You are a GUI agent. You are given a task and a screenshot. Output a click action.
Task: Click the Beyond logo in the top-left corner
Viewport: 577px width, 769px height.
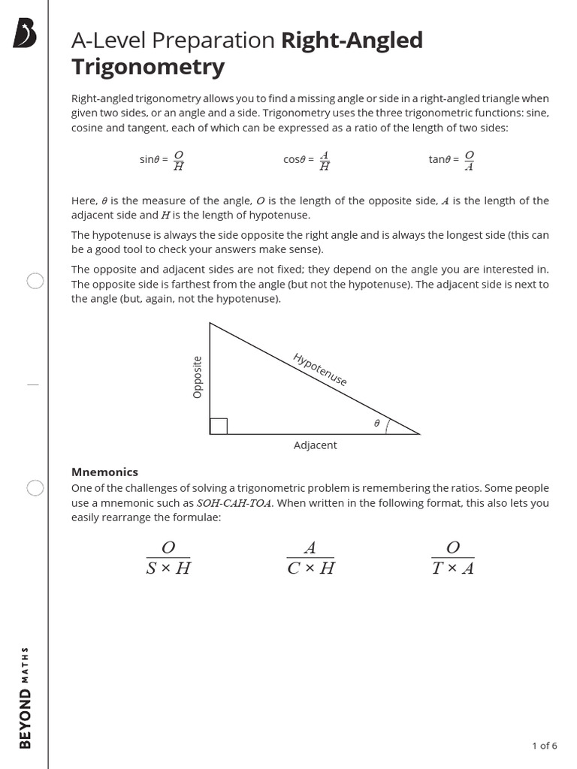pyautogui.click(x=26, y=35)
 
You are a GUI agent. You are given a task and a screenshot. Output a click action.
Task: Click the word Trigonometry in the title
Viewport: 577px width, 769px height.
pyautogui.click(x=148, y=67)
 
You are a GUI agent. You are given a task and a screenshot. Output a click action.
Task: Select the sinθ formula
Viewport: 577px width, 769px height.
pyautogui.click(x=162, y=160)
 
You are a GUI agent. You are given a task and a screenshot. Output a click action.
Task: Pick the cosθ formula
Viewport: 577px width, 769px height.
pyautogui.click(x=307, y=160)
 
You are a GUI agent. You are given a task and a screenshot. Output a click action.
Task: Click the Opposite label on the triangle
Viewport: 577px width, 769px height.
pyautogui.click(x=198, y=377)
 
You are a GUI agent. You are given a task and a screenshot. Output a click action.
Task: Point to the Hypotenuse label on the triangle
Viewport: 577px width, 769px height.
pyautogui.click(x=320, y=369)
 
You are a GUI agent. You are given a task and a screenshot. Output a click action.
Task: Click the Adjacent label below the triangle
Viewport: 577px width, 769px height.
pyautogui.click(x=315, y=445)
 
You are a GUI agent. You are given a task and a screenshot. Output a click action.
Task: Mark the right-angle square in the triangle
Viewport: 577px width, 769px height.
pyautogui.click(x=219, y=426)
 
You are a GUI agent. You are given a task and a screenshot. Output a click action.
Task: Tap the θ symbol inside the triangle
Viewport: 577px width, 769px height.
pyautogui.click(x=376, y=424)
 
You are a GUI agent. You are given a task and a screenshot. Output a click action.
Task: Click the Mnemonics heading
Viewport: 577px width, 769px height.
pyautogui.click(x=104, y=472)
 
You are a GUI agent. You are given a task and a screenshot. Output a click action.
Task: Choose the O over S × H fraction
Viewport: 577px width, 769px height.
pyautogui.click(x=168, y=558)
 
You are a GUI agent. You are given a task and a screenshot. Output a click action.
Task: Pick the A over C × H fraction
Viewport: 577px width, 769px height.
pyautogui.click(x=310, y=558)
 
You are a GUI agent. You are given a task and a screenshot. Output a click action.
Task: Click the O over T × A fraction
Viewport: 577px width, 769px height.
pyautogui.click(x=452, y=558)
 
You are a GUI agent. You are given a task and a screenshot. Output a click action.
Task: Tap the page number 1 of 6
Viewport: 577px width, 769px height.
pyautogui.click(x=544, y=746)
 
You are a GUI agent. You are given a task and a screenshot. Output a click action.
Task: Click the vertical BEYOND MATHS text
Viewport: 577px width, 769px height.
pyautogui.click(x=26, y=697)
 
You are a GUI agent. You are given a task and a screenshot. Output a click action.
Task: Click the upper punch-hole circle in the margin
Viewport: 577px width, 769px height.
pyautogui.click(x=35, y=281)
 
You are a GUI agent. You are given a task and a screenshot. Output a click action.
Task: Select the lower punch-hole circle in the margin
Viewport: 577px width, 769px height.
pyautogui.click(x=35, y=488)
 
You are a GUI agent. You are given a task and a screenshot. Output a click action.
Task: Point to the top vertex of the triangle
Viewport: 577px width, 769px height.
pyautogui.click(x=210, y=323)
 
